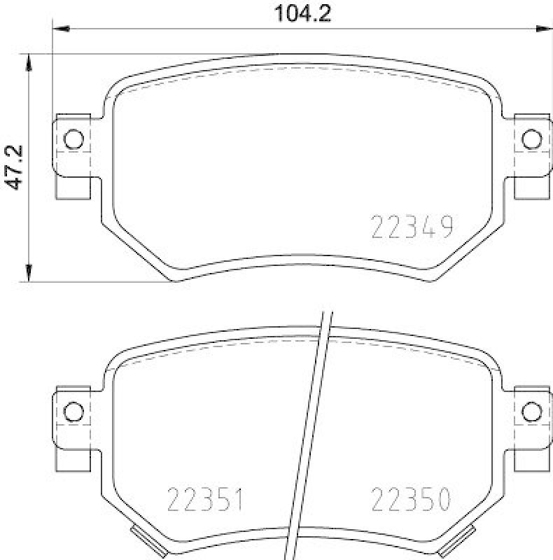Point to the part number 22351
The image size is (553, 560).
pos(205,500)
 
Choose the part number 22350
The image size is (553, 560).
pos(411,500)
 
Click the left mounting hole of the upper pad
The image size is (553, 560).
pos(73,139)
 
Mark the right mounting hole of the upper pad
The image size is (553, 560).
pos(532,139)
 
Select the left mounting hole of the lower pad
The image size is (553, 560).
pos(73,410)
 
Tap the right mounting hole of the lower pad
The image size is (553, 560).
pos(532,410)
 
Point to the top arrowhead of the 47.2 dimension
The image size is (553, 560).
pos(29,61)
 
